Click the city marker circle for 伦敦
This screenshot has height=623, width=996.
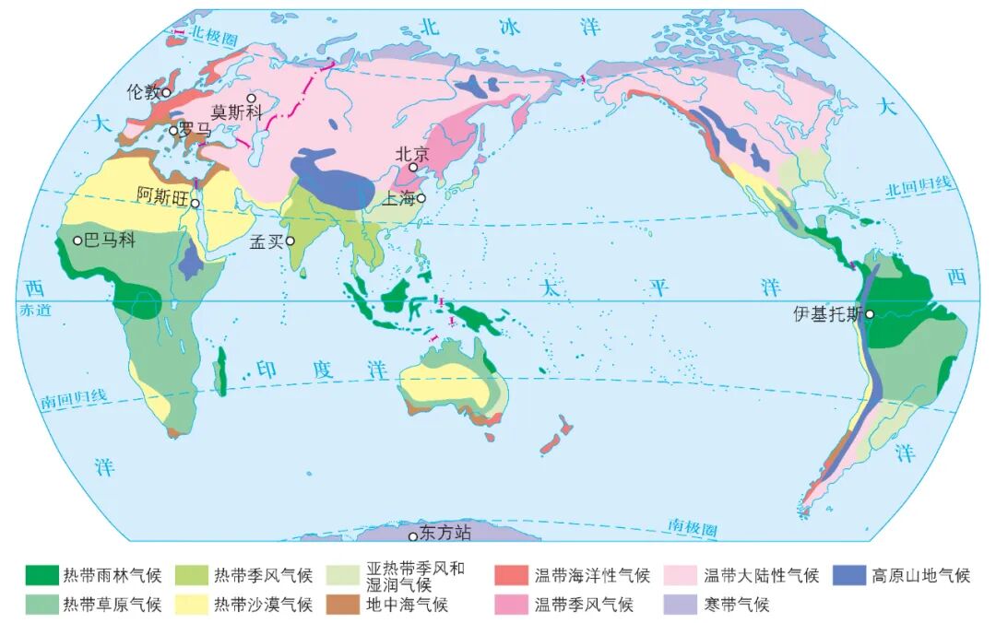(166, 92)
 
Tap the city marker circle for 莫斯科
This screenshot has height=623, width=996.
(251, 98)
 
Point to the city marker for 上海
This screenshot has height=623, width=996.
(421, 197)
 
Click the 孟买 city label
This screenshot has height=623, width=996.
(267, 241)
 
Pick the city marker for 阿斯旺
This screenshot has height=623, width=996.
(196, 204)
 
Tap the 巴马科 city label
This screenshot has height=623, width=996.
(109, 241)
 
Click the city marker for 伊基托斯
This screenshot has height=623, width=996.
(870, 314)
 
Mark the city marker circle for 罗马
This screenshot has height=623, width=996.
(172, 130)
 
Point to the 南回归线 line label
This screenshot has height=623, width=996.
(74, 399)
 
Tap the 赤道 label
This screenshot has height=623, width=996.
(31, 311)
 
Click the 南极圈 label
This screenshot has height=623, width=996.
(694, 527)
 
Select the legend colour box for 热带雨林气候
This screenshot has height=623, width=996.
(41, 576)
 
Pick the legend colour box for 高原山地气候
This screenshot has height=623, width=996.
(848, 576)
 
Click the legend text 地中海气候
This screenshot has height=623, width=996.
(407, 605)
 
